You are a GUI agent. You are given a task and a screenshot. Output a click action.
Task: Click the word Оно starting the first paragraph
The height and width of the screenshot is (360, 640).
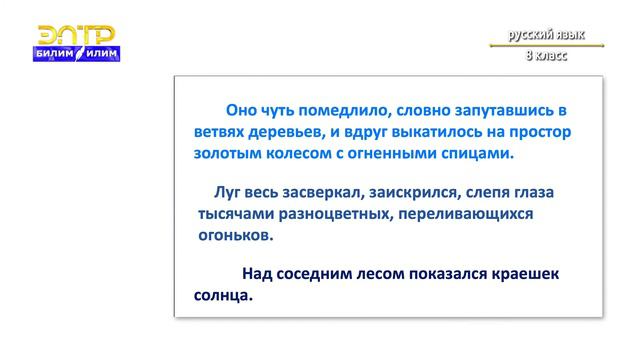click(243, 110)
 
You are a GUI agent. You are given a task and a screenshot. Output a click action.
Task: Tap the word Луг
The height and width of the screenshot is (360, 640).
click(229, 191)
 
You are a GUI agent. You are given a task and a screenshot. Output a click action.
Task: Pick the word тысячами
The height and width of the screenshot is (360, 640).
click(236, 214)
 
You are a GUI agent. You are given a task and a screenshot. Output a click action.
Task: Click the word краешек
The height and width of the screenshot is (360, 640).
click(516, 273)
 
